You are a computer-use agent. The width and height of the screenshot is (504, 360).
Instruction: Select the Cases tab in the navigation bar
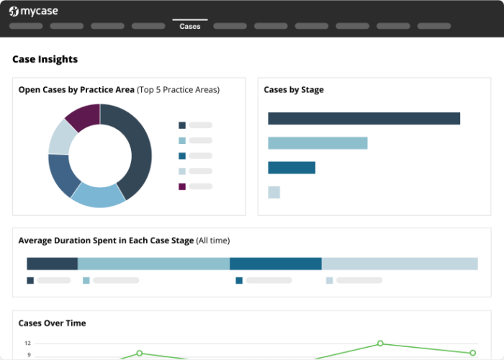tap(190, 27)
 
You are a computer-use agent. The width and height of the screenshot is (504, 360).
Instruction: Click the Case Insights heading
tap(45, 59)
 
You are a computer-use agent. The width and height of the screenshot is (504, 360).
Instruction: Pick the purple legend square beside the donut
tap(182, 186)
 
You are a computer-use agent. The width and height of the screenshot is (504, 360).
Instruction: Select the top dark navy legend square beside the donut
tap(182, 125)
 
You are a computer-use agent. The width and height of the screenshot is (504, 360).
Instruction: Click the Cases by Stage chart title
tap(294, 90)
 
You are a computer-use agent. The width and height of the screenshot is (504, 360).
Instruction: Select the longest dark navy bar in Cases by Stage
tap(364, 118)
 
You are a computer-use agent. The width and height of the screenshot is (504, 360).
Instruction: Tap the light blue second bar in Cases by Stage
tap(318, 143)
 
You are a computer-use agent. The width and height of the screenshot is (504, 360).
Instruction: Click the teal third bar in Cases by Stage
tap(292, 168)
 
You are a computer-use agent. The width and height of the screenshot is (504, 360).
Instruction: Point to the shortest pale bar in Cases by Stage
tap(274, 192)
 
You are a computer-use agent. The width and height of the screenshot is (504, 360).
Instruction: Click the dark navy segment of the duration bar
tap(52, 264)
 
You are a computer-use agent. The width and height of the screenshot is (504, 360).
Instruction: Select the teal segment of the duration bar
tap(275, 264)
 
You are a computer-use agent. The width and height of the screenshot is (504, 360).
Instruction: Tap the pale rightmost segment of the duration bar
tap(400, 264)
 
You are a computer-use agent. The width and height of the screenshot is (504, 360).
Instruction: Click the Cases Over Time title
tap(52, 323)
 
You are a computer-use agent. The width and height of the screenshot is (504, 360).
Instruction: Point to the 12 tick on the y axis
tap(27, 343)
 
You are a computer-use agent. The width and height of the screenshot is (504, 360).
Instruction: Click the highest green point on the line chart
tap(380, 343)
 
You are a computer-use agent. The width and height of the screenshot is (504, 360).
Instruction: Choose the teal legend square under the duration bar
tap(239, 281)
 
